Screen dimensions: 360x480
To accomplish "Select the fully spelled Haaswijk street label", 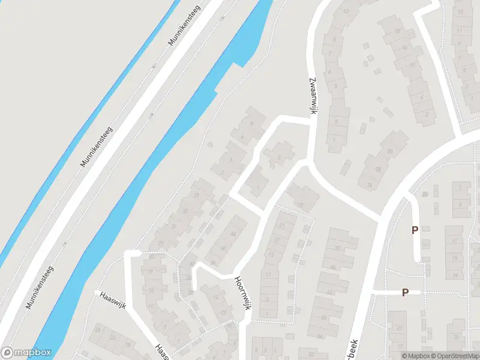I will (111, 296).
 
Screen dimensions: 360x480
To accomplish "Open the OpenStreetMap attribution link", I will (454, 356).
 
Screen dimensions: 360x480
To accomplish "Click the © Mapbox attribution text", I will (415, 356).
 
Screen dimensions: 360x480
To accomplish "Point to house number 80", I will (390, 151).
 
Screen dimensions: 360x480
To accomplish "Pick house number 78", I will (378, 169).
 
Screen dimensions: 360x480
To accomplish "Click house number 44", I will (233, 234).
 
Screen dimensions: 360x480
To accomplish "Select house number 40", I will (223, 248).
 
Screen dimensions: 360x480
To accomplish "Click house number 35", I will (185, 211).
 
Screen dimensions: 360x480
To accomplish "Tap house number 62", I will (329, 292).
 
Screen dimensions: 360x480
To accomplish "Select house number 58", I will (324, 317).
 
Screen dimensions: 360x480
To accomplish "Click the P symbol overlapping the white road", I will (405, 292).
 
